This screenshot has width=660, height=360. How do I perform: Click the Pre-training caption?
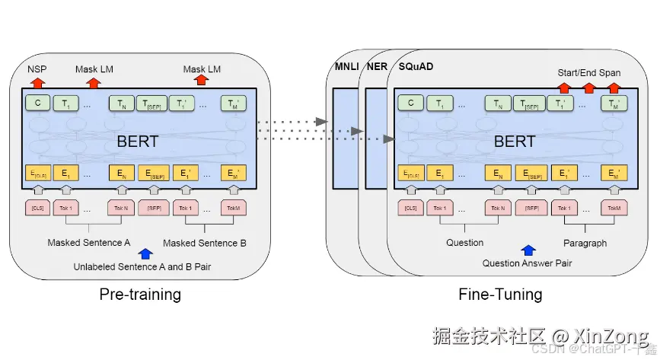coord(140,295)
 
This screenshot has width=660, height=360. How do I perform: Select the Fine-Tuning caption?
coord(500,295)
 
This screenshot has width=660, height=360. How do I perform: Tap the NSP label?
coord(37,69)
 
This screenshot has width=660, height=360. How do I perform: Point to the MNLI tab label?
coord(347,67)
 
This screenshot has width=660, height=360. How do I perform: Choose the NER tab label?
coord(376,67)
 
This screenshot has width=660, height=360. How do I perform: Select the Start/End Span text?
coord(588,73)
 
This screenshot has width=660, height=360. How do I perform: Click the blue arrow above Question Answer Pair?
coord(526,249)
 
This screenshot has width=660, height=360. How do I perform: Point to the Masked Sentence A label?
coord(89,243)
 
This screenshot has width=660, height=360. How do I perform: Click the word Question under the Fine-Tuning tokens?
coord(464,243)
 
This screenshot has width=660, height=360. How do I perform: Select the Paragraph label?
coord(585,243)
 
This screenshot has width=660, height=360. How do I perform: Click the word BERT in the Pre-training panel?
coord(138,141)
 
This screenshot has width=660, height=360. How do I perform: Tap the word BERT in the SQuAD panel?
coord(515,141)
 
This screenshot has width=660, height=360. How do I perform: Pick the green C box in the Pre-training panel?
coord(37,104)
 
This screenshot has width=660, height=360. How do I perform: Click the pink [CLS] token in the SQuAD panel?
coord(410,208)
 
